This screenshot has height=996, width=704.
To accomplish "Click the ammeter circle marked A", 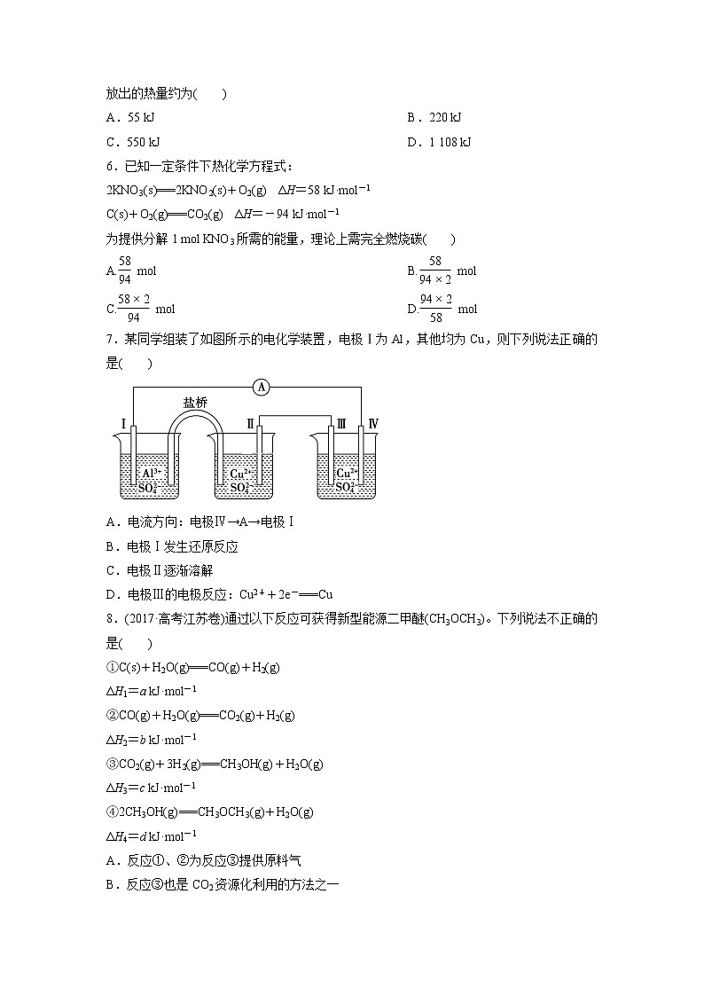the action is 261,387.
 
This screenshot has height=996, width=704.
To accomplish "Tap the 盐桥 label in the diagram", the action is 195,402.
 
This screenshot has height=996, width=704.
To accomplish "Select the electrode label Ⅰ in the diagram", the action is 122,425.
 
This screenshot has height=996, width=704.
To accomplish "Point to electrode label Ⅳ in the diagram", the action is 373,425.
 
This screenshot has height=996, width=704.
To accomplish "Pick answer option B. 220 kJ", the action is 434,117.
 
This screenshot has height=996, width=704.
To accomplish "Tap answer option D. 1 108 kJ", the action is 439,142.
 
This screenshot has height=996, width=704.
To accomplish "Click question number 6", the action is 110,166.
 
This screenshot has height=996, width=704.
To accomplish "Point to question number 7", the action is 110,339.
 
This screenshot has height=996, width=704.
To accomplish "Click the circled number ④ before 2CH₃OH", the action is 110,812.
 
